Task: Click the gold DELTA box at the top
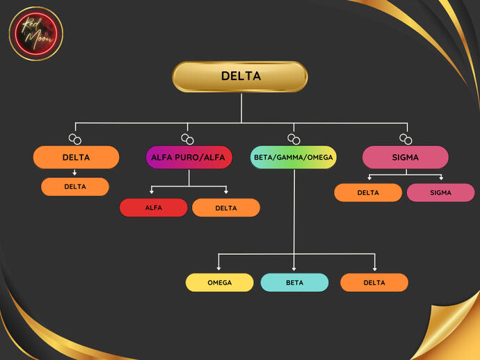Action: click(x=240, y=77)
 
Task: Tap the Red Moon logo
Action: click(x=36, y=33)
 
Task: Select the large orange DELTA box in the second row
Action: click(x=76, y=157)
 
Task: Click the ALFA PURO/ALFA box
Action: click(x=189, y=157)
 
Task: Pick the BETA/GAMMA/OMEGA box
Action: click(x=293, y=157)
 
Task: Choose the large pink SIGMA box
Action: click(x=405, y=157)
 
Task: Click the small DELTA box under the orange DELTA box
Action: click(x=75, y=187)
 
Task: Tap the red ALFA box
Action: click(x=153, y=208)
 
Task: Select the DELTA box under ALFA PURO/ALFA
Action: click(x=225, y=208)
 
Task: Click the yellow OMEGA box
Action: click(x=219, y=283)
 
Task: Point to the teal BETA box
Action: click(x=294, y=283)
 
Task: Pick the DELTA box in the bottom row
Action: click(x=374, y=283)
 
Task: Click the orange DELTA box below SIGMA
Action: click(x=368, y=192)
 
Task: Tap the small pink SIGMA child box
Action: click(x=440, y=192)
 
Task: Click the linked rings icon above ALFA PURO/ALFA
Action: click(x=186, y=139)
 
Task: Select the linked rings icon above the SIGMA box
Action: click(x=405, y=139)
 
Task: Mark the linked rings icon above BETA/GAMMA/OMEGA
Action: click(x=293, y=139)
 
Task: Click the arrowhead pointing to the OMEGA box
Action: click(x=219, y=268)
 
